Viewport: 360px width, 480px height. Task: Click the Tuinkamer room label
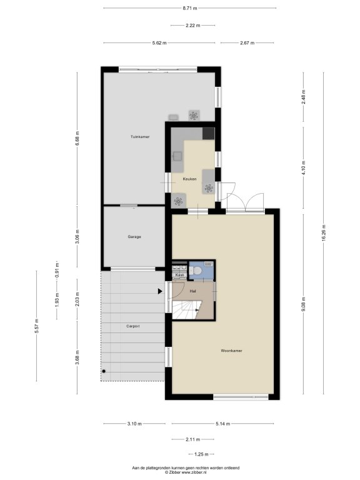140,137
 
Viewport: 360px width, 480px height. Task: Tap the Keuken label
189,179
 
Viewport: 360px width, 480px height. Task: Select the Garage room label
134,237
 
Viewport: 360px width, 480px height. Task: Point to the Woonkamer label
231,351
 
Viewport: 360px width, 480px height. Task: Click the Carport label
133,326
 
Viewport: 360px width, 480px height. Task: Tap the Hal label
192,291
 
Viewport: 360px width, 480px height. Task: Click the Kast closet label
179,275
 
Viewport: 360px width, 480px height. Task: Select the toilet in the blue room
196,271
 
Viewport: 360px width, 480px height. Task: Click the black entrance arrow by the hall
160,291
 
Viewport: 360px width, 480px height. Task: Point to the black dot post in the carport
104,371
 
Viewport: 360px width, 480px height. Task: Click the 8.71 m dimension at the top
190,8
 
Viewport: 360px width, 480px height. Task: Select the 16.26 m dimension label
324,233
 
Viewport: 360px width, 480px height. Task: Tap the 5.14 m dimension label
222,424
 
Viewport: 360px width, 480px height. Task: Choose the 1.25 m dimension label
201,454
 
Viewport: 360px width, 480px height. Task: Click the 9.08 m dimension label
304,304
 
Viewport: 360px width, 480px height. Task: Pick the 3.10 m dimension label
134,424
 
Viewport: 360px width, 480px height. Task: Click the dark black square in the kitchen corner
208,134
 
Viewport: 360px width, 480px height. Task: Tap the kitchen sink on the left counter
177,156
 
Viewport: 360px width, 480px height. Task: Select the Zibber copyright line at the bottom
186,472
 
